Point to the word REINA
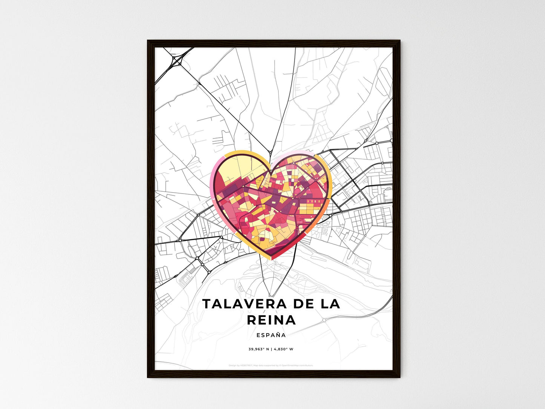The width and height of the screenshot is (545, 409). [271, 320]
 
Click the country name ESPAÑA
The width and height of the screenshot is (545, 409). [271, 335]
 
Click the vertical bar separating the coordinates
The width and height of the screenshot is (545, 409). [270, 349]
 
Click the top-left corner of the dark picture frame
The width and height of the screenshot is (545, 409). [148, 41]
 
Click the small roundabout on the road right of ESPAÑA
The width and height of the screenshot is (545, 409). [324, 320]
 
